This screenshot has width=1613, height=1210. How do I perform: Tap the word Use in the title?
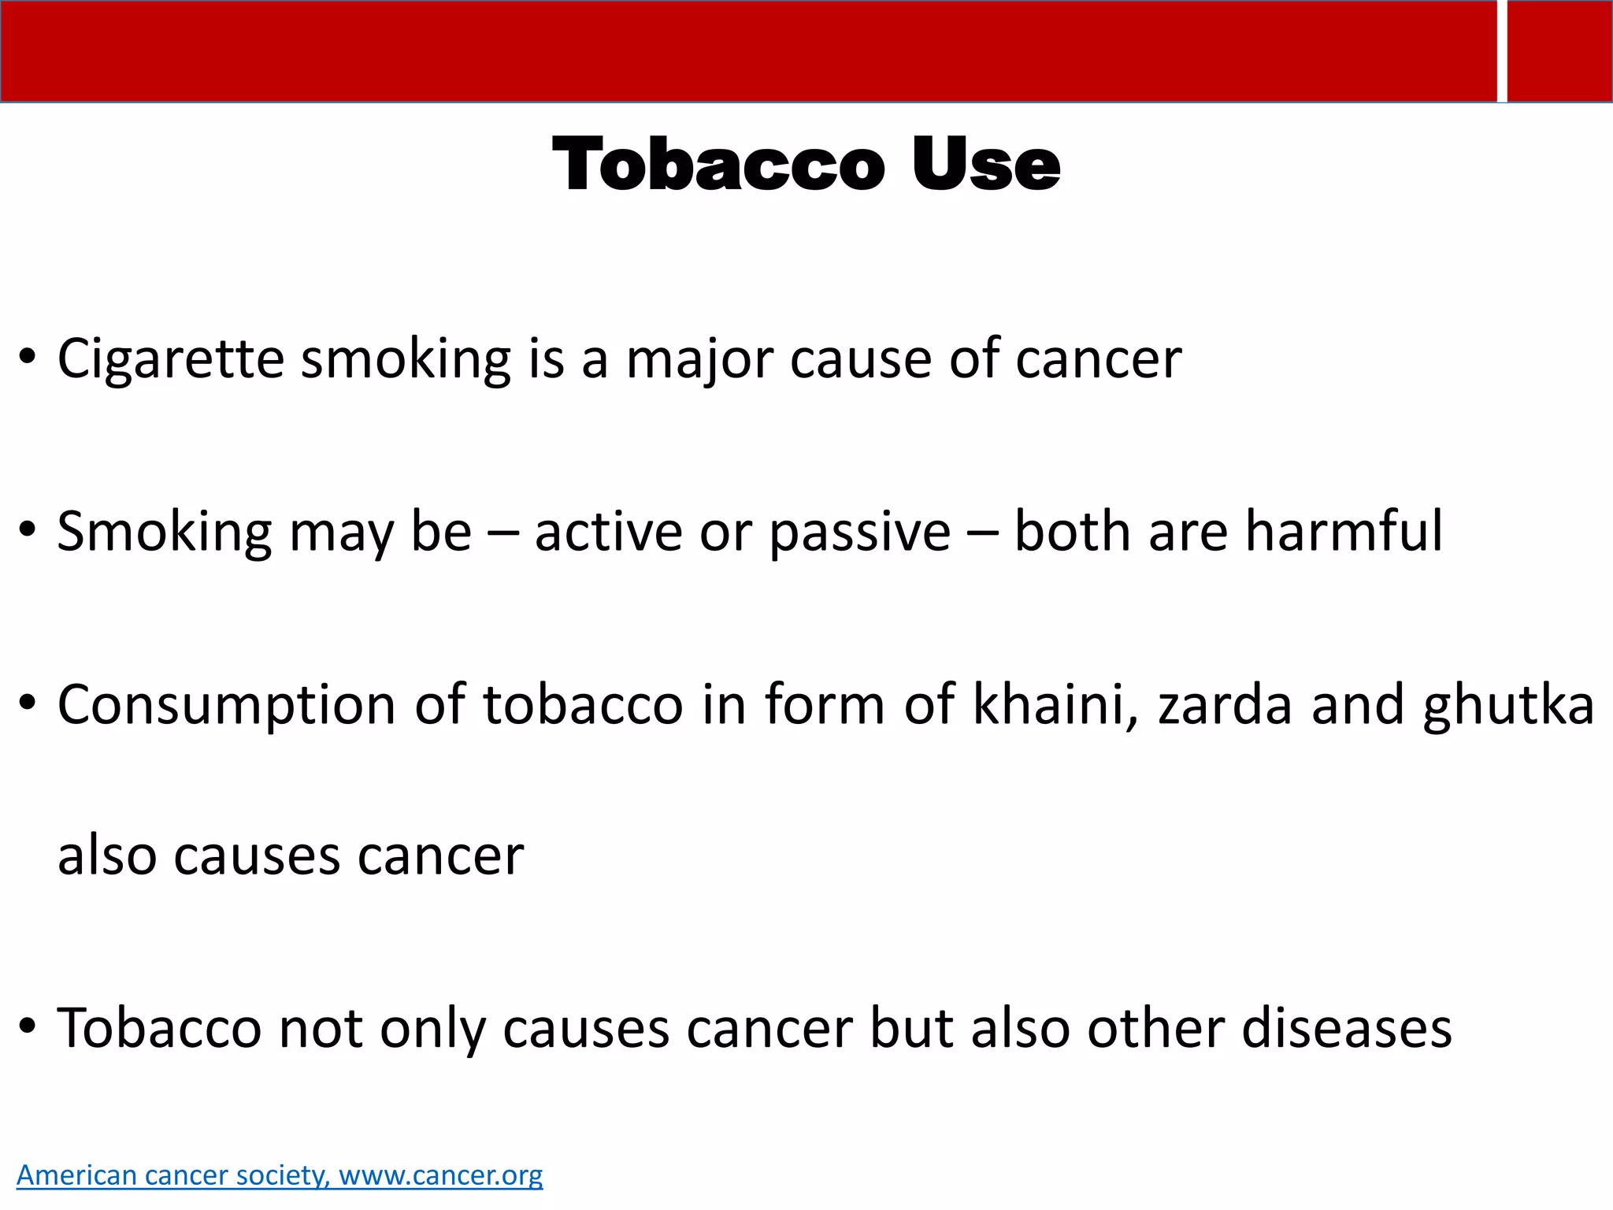(x=985, y=165)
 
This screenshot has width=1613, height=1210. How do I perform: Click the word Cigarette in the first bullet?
(x=170, y=359)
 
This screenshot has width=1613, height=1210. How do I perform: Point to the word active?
(x=608, y=531)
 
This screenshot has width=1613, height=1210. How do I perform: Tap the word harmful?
(x=1344, y=531)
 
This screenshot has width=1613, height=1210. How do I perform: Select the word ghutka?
(x=1508, y=706)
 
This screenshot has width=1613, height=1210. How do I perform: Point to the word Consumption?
(x=226, y=706)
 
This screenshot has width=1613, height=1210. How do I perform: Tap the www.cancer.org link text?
(x=440, y=1175)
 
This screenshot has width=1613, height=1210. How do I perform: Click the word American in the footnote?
(x=77, y=1175)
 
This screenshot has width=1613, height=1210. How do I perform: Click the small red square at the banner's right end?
(x=1559, y=51)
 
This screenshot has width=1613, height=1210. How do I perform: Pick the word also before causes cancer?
(x=107, y=856)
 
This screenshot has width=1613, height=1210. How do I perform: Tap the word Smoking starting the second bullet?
(x=164, y=533)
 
